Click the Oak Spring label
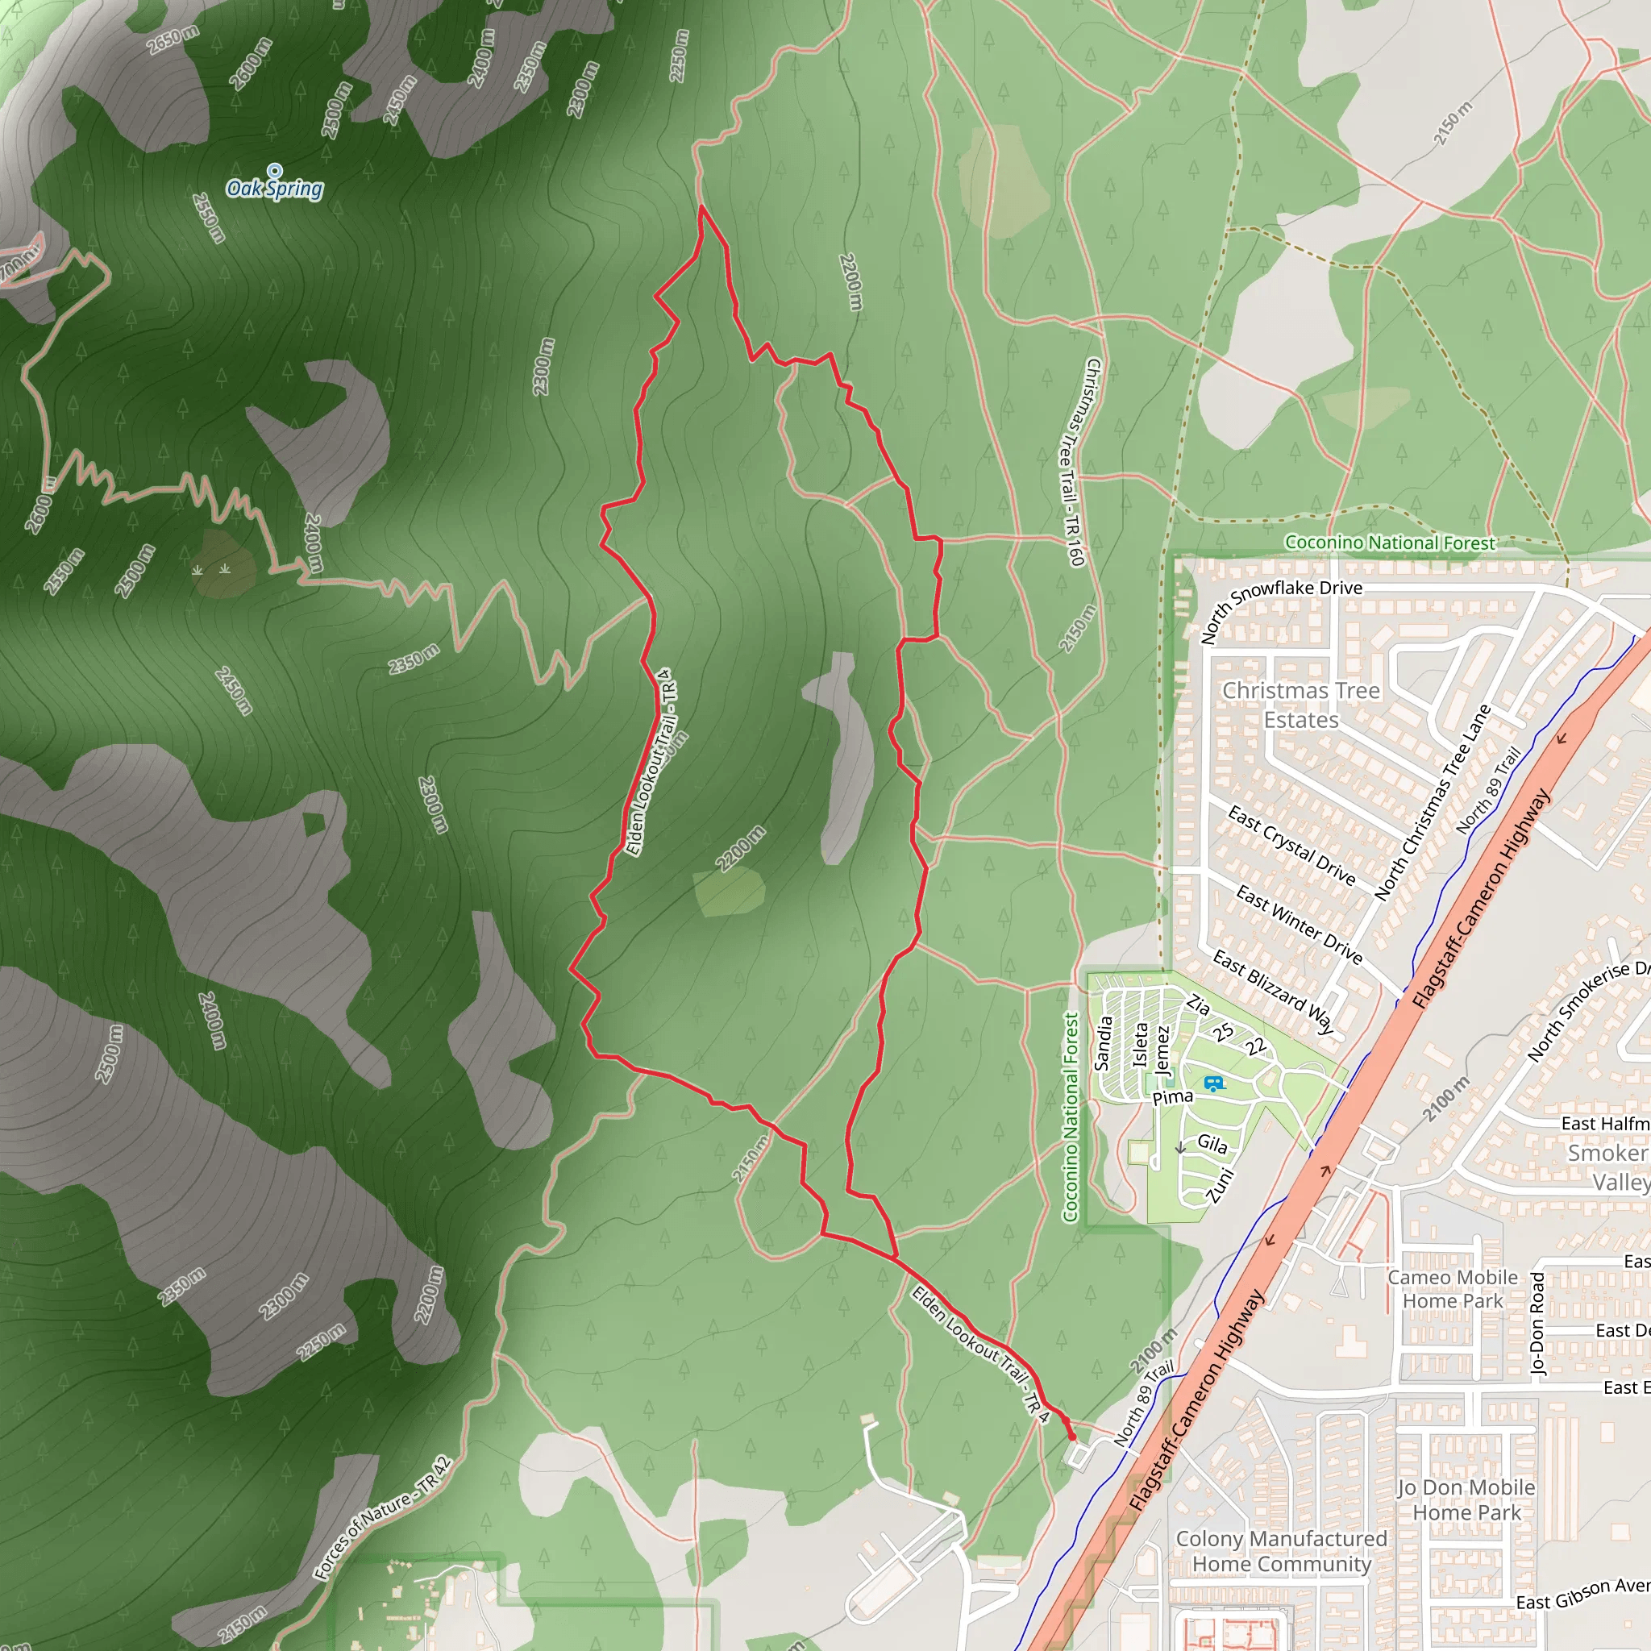pyautogui.click(x=274, y=189)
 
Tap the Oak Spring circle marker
pyautogui.click(x=274, y=170)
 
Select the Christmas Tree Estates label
pyautogui.click(x=1300, y=705)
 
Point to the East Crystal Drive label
pyautogui.click(x=1291, y=844)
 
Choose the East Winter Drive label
pyautogui.click(x=1299, y=925)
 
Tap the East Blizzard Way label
pyautogui.click(x=1273, y=992)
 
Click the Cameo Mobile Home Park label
pyautogui.click(x=1452, y=1289)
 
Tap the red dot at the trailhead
pyautogui.click(x=1072, y=1437)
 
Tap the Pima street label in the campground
pyautogui.click(x=1172, y=1097)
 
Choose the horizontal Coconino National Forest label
pyautogui.click(x=1390, y=543)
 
